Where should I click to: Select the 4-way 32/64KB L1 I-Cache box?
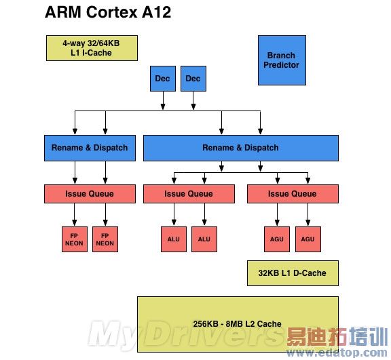click(x=91, y=47)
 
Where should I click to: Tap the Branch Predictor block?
click(x=282, y=60)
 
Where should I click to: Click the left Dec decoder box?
click(x=162, y=79)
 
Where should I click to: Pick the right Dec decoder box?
click(x=193, y=79)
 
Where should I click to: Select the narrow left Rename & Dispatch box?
click(x=90, y=148)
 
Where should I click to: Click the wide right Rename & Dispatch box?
click(x=240, y=148)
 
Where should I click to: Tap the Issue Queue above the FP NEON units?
click(x=90, y=194)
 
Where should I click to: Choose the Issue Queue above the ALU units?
click(x=189, y=194)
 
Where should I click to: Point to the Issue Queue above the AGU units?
click(x=292, y=194)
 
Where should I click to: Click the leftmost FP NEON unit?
click(x=75, y=239)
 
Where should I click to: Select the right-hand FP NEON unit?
click(x=105, y=239)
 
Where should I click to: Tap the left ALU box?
click(x=173, y=239)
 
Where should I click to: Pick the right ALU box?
click(x=204, y=239)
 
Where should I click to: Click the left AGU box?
click(x=276, y=239)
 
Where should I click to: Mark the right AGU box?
click(x=308, y=239)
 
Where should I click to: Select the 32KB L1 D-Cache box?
click(x=292, y=273)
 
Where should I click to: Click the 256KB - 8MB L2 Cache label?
click(x=237, y=323)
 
